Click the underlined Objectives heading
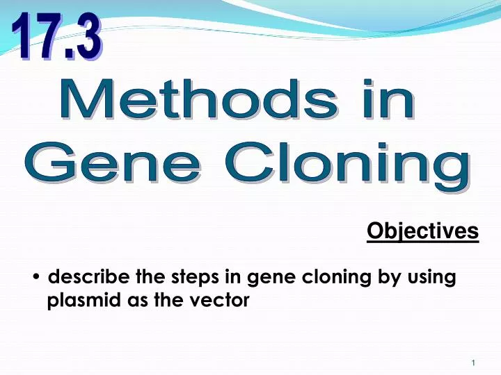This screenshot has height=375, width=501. coord(422,231)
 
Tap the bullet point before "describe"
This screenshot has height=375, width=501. coord(36,278)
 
